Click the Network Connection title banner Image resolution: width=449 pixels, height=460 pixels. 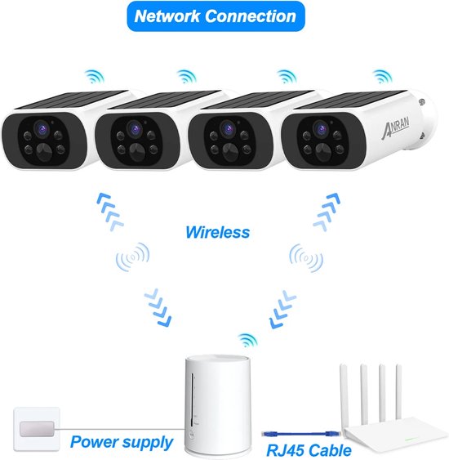point(215,16)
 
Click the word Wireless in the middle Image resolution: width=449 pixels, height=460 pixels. point(217,232)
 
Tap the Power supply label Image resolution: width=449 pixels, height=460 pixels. point(121,442)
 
